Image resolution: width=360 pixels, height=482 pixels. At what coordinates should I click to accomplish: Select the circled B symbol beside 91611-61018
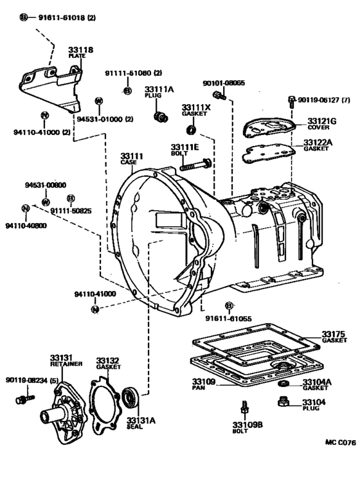click(x=24, y=17)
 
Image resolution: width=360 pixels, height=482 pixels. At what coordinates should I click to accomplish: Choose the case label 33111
click(x=131, y=156)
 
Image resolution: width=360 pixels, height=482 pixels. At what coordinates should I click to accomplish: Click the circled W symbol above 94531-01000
click(x=98, y=100)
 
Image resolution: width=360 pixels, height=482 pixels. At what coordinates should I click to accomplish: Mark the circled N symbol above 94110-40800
click(x=24, y=208)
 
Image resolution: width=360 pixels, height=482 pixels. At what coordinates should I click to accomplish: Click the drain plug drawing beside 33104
click(x=283, y=402)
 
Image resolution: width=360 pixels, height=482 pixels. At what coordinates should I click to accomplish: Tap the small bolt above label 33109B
click(x=244, y=407)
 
